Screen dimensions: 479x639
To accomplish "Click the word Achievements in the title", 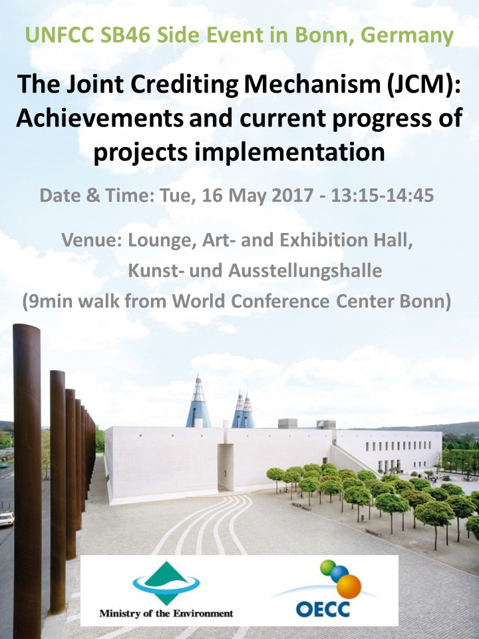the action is point(100,118).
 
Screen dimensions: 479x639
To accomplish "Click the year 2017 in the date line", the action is point(293,195).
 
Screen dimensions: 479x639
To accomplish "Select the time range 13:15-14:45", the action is point(383,195).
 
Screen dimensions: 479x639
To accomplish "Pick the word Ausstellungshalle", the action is point(305,271).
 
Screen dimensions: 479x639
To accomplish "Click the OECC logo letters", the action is point(323,609).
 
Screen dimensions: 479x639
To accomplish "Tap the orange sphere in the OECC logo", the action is point(349,587).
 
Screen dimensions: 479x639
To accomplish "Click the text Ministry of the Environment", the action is point(166,613).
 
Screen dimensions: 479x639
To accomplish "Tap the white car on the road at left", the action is point(7,519).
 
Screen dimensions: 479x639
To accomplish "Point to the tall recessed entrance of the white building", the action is point(226,467).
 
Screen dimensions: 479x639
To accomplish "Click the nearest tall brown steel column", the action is point(27,481).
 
